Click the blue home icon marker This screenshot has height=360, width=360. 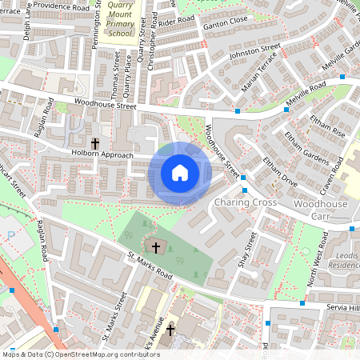180,172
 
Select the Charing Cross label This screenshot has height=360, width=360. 245,202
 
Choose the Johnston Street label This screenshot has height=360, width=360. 251,53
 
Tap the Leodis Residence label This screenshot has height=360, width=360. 345,258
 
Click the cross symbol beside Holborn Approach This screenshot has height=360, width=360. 95,143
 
